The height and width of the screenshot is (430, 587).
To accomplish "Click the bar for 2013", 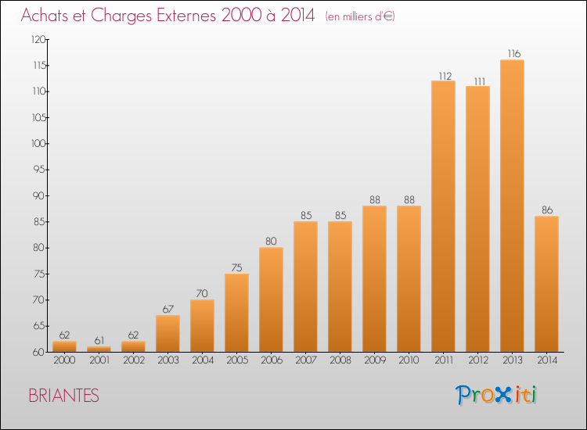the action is click(512, 206).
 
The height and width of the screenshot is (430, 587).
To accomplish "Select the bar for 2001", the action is click(99, 349).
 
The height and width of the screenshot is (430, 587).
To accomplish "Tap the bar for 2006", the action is click(271, 299).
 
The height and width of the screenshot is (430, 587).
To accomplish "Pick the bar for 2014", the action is click(546, 284).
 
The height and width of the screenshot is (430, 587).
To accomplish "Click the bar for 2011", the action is click(443, 216).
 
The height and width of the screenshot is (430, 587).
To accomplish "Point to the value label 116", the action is click(514, 53).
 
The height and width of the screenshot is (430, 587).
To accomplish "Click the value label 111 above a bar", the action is click(480, 81).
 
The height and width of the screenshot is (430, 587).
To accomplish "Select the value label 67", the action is click(168, 309).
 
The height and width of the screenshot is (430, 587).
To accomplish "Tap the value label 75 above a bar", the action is click(236, 267).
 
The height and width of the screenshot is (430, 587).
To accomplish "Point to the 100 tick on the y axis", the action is click(38, 144).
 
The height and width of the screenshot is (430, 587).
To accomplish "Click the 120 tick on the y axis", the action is click(38, 39).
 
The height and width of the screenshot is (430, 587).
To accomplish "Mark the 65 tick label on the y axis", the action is click(39, 326).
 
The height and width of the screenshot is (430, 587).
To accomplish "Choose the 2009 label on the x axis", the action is click(375, 360).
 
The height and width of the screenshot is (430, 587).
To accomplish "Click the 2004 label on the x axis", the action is click(203, 360).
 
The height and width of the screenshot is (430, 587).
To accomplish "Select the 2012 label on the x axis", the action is click(478, 360).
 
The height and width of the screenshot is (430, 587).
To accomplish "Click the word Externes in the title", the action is click(186, 15).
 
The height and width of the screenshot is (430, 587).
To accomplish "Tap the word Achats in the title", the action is click(45, 15).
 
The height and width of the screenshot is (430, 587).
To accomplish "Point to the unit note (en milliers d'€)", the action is click(360, 16).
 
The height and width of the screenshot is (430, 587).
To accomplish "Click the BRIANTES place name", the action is click(63, 396).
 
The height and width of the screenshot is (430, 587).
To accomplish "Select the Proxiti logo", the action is click(496, 395).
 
